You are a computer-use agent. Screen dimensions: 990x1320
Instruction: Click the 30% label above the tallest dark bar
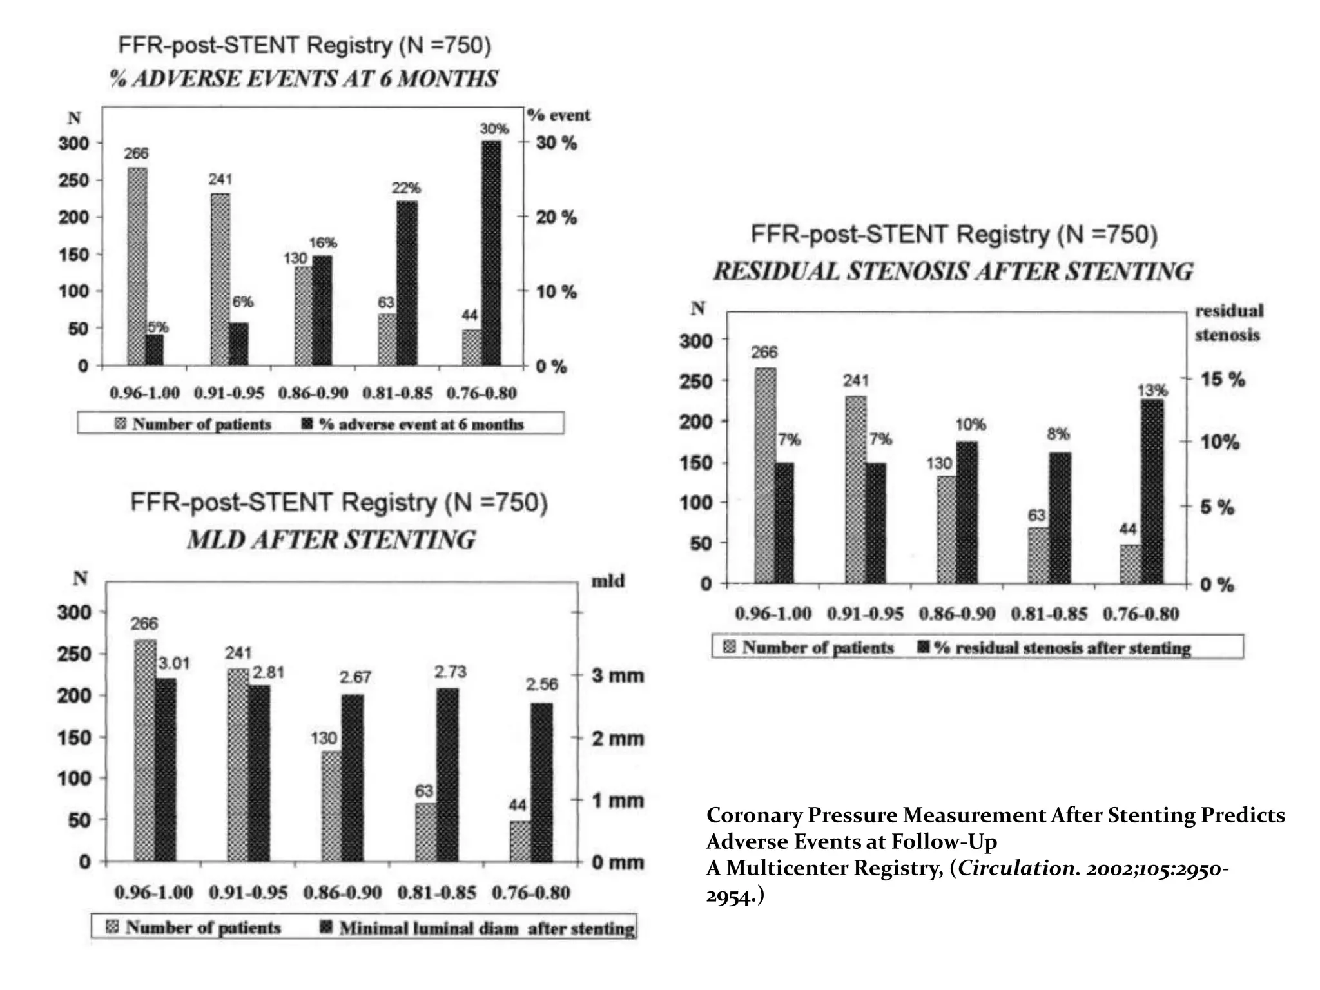tap(494, 129)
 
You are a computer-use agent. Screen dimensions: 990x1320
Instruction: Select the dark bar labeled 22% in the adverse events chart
tap(407, 284)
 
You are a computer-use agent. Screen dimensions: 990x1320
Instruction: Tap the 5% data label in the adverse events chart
tap(157, 327)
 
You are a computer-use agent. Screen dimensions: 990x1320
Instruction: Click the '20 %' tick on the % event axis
tap(556, 218)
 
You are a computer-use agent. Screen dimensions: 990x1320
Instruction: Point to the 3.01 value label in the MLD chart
tap(174, 663)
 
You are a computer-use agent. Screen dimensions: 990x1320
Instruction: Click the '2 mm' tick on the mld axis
tap(617, 739)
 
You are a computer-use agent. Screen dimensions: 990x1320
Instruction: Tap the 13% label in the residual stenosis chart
tap(1152, 391)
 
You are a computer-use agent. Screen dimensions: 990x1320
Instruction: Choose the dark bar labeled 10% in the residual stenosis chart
tap(967, 512)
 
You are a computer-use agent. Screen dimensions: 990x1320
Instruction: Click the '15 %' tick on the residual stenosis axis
tap(1222, 379)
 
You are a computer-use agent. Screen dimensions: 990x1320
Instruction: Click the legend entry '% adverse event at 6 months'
tap(420, 424)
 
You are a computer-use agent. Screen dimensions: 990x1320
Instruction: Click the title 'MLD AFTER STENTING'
tap(331, 539)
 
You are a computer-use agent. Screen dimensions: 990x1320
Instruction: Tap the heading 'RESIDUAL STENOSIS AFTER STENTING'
tap(953, 271)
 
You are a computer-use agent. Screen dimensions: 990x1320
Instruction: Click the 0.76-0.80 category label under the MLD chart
tap(530, 893)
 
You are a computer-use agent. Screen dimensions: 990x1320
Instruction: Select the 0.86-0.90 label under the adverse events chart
tap(313, 393)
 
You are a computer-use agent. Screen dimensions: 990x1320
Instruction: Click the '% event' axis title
tap(558, 115)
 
